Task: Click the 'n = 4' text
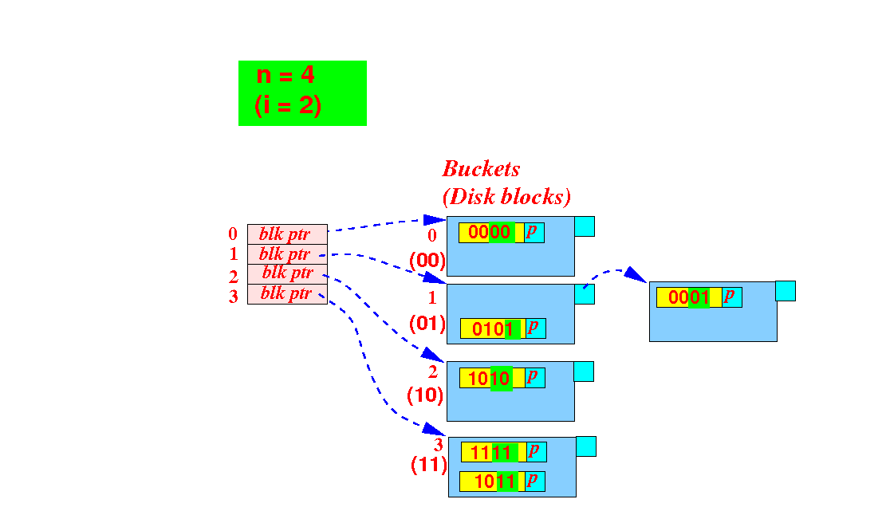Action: tap(285, 74)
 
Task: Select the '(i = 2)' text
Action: tap(288, 105)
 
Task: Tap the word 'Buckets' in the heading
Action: tap(481, 168)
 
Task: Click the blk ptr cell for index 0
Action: tap(287, 234)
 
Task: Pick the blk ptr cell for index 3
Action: tap(287, 294)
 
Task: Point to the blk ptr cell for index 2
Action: tap(287, 274)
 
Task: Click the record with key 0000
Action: tap(501, 233)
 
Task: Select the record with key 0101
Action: tap(503, 328)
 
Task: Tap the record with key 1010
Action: tap(502, 378)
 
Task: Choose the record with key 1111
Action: tap(503, 452)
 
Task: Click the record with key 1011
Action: tap(502, 481)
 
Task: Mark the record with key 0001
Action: tap(699, 297)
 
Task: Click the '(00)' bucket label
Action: tap(427, 261)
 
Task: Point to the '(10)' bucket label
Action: tap(425, 395)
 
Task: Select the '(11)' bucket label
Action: tap(429, 464)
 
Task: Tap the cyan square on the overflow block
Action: tap(786, 291)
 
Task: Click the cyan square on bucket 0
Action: tap(585, 226)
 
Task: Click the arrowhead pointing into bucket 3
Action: tap(435, 429)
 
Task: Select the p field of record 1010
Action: tap(534, 378)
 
